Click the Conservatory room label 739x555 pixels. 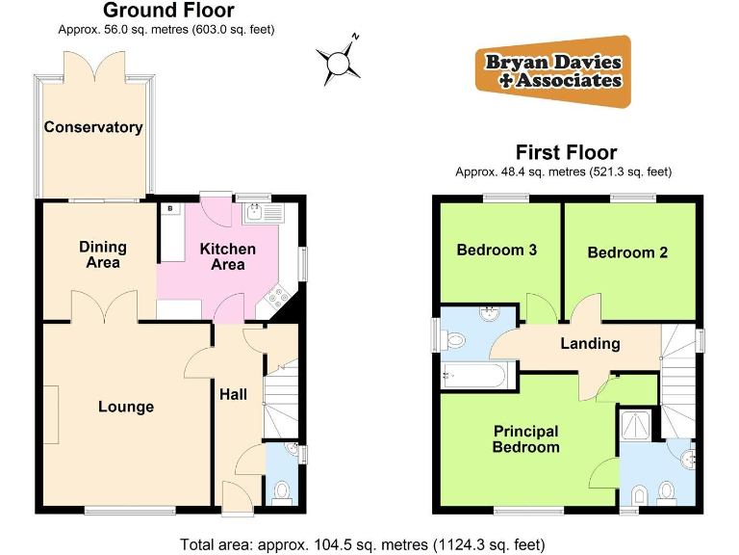tap(92, 127)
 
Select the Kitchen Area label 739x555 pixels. tap(228, 256)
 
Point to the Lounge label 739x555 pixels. tap(126, 407)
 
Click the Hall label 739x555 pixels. tap(234, 394)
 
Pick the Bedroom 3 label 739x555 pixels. tap(497, 251)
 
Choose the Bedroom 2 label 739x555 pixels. tap(627, 252)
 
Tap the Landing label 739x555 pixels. tap(591, 343)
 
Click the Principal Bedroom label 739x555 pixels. tap(525, 439)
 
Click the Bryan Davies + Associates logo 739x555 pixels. tap(553, 71)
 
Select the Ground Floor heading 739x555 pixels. tap(168, 12)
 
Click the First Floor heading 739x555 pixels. tap(566, 152)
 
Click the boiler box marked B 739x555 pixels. tap(170, 208)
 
